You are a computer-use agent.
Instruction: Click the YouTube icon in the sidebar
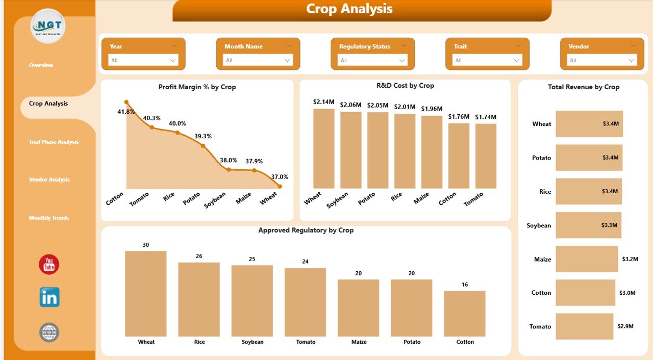coord(49,264)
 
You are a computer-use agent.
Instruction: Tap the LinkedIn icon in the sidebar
coord(49,297)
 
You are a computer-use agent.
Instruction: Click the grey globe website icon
coord(49,332)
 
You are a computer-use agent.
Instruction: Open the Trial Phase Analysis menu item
coord(54,142)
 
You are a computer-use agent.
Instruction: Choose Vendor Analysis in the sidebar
coord(49,179)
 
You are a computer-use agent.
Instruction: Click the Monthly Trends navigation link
coord(49,218)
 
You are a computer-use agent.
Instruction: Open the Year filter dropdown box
coord(143,60)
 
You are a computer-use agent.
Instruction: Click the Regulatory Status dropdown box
coord(372,60)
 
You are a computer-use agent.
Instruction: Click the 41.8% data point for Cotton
coord(127,102)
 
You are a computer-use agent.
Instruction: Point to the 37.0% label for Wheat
coord(279,177)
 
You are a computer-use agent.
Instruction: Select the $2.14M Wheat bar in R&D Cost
coord(323,148)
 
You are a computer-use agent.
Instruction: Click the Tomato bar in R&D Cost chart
coord(486,156)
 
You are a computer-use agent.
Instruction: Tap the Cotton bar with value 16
coord(464,314)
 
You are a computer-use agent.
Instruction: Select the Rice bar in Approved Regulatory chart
coord(199,299)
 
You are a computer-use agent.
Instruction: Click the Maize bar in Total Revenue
coord(587,259)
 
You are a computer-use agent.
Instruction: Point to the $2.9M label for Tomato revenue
coord(626,326)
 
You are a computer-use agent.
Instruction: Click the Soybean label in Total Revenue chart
coord(539,225)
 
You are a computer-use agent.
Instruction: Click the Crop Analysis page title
coord(349,9)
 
